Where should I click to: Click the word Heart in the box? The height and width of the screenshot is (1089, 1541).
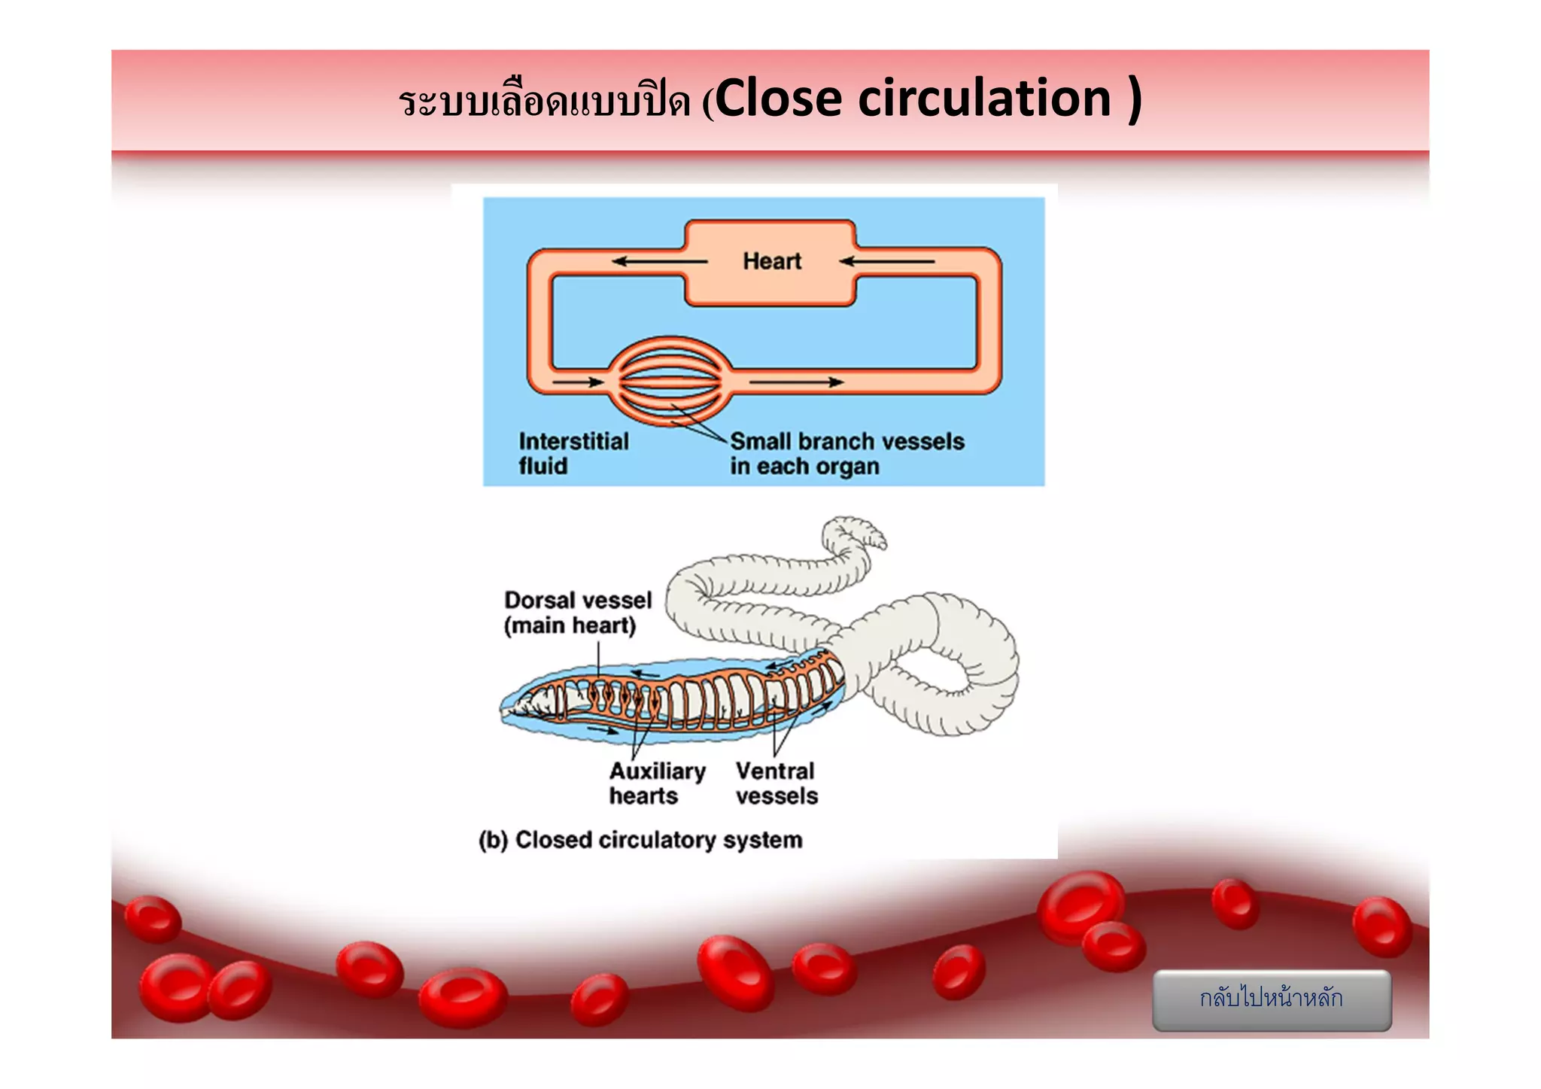tap(771, 261)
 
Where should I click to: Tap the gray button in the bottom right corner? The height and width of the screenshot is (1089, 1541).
tap(1271, 999)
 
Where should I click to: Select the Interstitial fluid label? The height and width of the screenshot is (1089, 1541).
tap(573, 453)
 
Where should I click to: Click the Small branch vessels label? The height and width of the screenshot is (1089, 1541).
tap(846, 453)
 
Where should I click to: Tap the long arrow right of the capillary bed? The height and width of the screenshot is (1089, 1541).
tap(796, 382)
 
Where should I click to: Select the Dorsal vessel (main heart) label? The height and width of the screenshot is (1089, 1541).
tap(577, 613)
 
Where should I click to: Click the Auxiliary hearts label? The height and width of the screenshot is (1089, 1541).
tap(657, 783)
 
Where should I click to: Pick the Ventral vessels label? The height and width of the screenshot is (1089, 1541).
tap(776, 783)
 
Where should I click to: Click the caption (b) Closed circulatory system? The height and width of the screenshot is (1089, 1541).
tap(640, 840)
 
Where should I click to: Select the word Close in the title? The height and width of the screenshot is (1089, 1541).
tap(778, 99)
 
